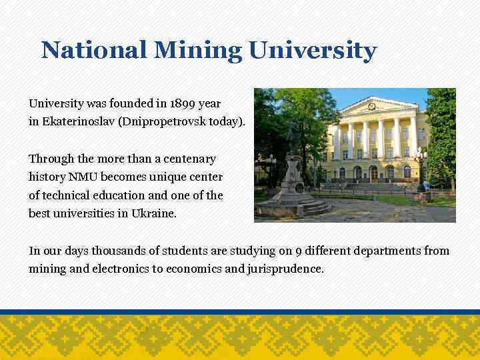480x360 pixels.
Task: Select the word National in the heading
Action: (x=93, y=50)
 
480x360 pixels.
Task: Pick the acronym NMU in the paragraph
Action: (x=81, y=177)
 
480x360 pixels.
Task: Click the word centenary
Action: (x=191, y=159)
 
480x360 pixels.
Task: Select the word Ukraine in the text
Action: (x=155, y=214)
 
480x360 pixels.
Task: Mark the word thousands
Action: (x=117, y=251)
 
